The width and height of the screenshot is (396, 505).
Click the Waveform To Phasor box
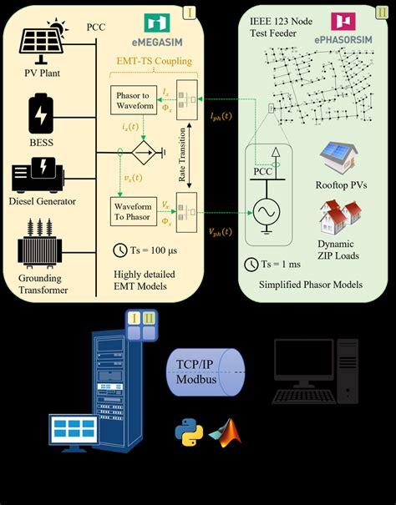coord(134,210)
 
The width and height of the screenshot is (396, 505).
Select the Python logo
coord(189,432)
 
